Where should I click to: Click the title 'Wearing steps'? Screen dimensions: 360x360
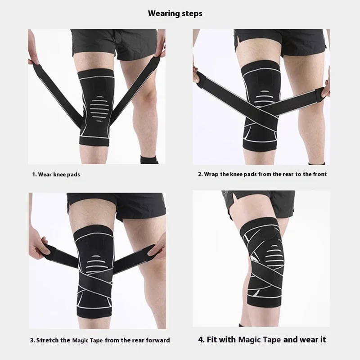(x=175, y=13)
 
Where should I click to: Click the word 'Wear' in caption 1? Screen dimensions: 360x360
(x=45, y=175)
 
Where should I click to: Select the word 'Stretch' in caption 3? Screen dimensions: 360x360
(x=47, y=340)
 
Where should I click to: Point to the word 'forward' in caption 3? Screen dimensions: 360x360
(x=158, y=340)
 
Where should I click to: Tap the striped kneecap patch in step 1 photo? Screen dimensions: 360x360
(x=99, y=108)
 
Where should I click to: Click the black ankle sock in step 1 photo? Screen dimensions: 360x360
(x=149, y=159)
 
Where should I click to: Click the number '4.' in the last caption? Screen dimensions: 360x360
(x=201, y=340)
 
